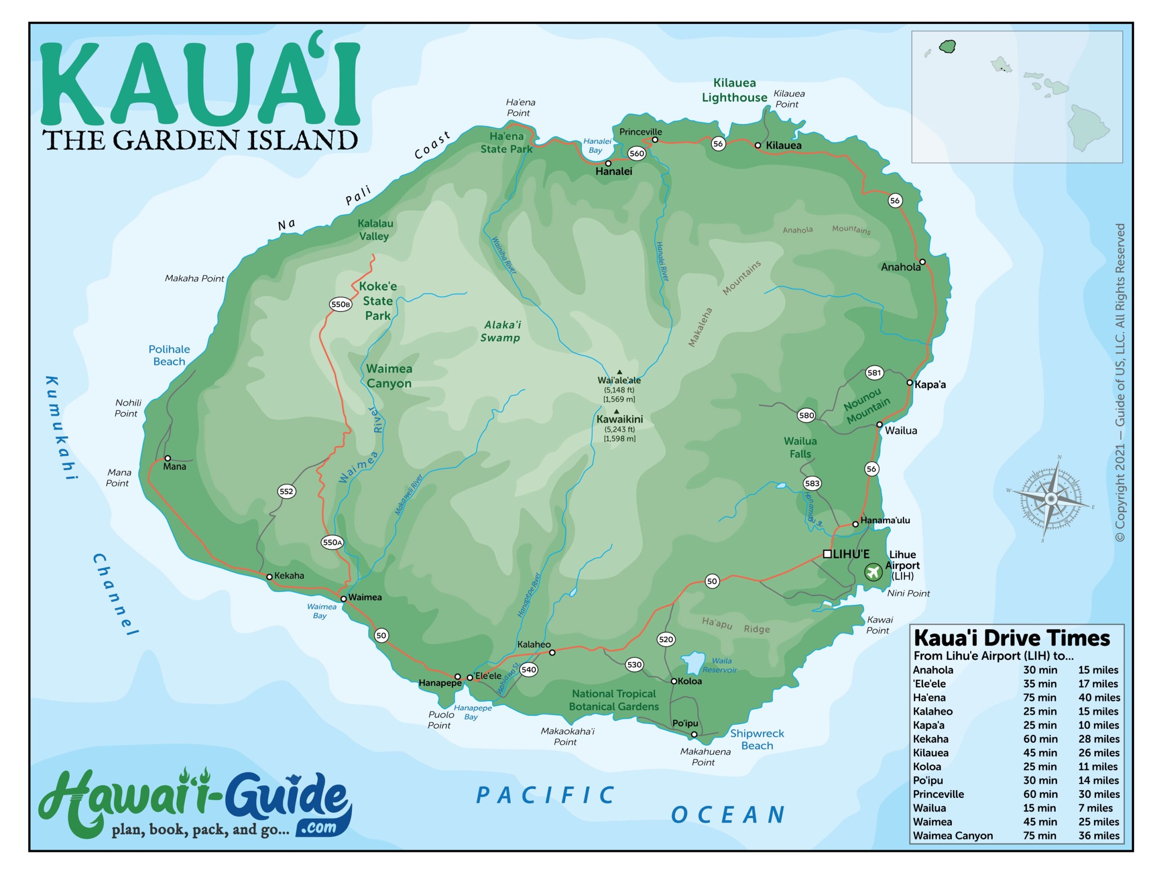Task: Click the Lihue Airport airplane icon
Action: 873,572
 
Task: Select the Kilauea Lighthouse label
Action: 734,90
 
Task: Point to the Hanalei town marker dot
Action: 608,163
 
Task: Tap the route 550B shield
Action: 340,304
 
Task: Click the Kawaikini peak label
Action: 619,419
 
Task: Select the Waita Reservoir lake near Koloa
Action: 692,662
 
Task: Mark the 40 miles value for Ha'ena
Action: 1098,698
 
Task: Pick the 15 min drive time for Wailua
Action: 1039,808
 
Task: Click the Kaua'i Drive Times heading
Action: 1012,638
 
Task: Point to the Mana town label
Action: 174,467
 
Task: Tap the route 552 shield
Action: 286,491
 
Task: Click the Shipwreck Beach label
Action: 757,740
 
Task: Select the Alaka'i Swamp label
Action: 500,331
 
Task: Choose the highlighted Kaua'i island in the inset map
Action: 947,47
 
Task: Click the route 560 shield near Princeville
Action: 636,153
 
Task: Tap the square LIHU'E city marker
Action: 827,554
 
